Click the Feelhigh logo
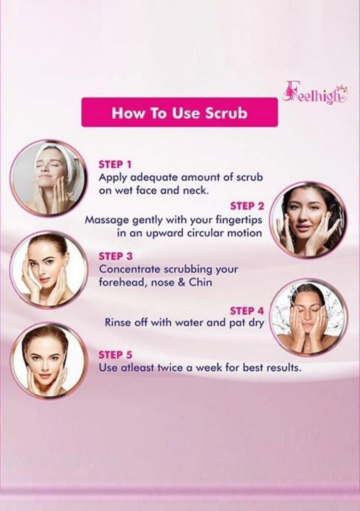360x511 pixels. pos(315,93)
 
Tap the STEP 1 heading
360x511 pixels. pos(115,164)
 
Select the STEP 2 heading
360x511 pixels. pos(247,206)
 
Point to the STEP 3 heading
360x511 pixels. pos(115,256)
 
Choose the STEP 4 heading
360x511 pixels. pos(247,310)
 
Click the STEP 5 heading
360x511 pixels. pos(115,355)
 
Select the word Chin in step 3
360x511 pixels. pos(200,282)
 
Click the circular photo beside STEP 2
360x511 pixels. pos(308,220)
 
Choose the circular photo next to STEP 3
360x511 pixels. pos(48,270)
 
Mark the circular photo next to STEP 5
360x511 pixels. pos(48,360)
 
